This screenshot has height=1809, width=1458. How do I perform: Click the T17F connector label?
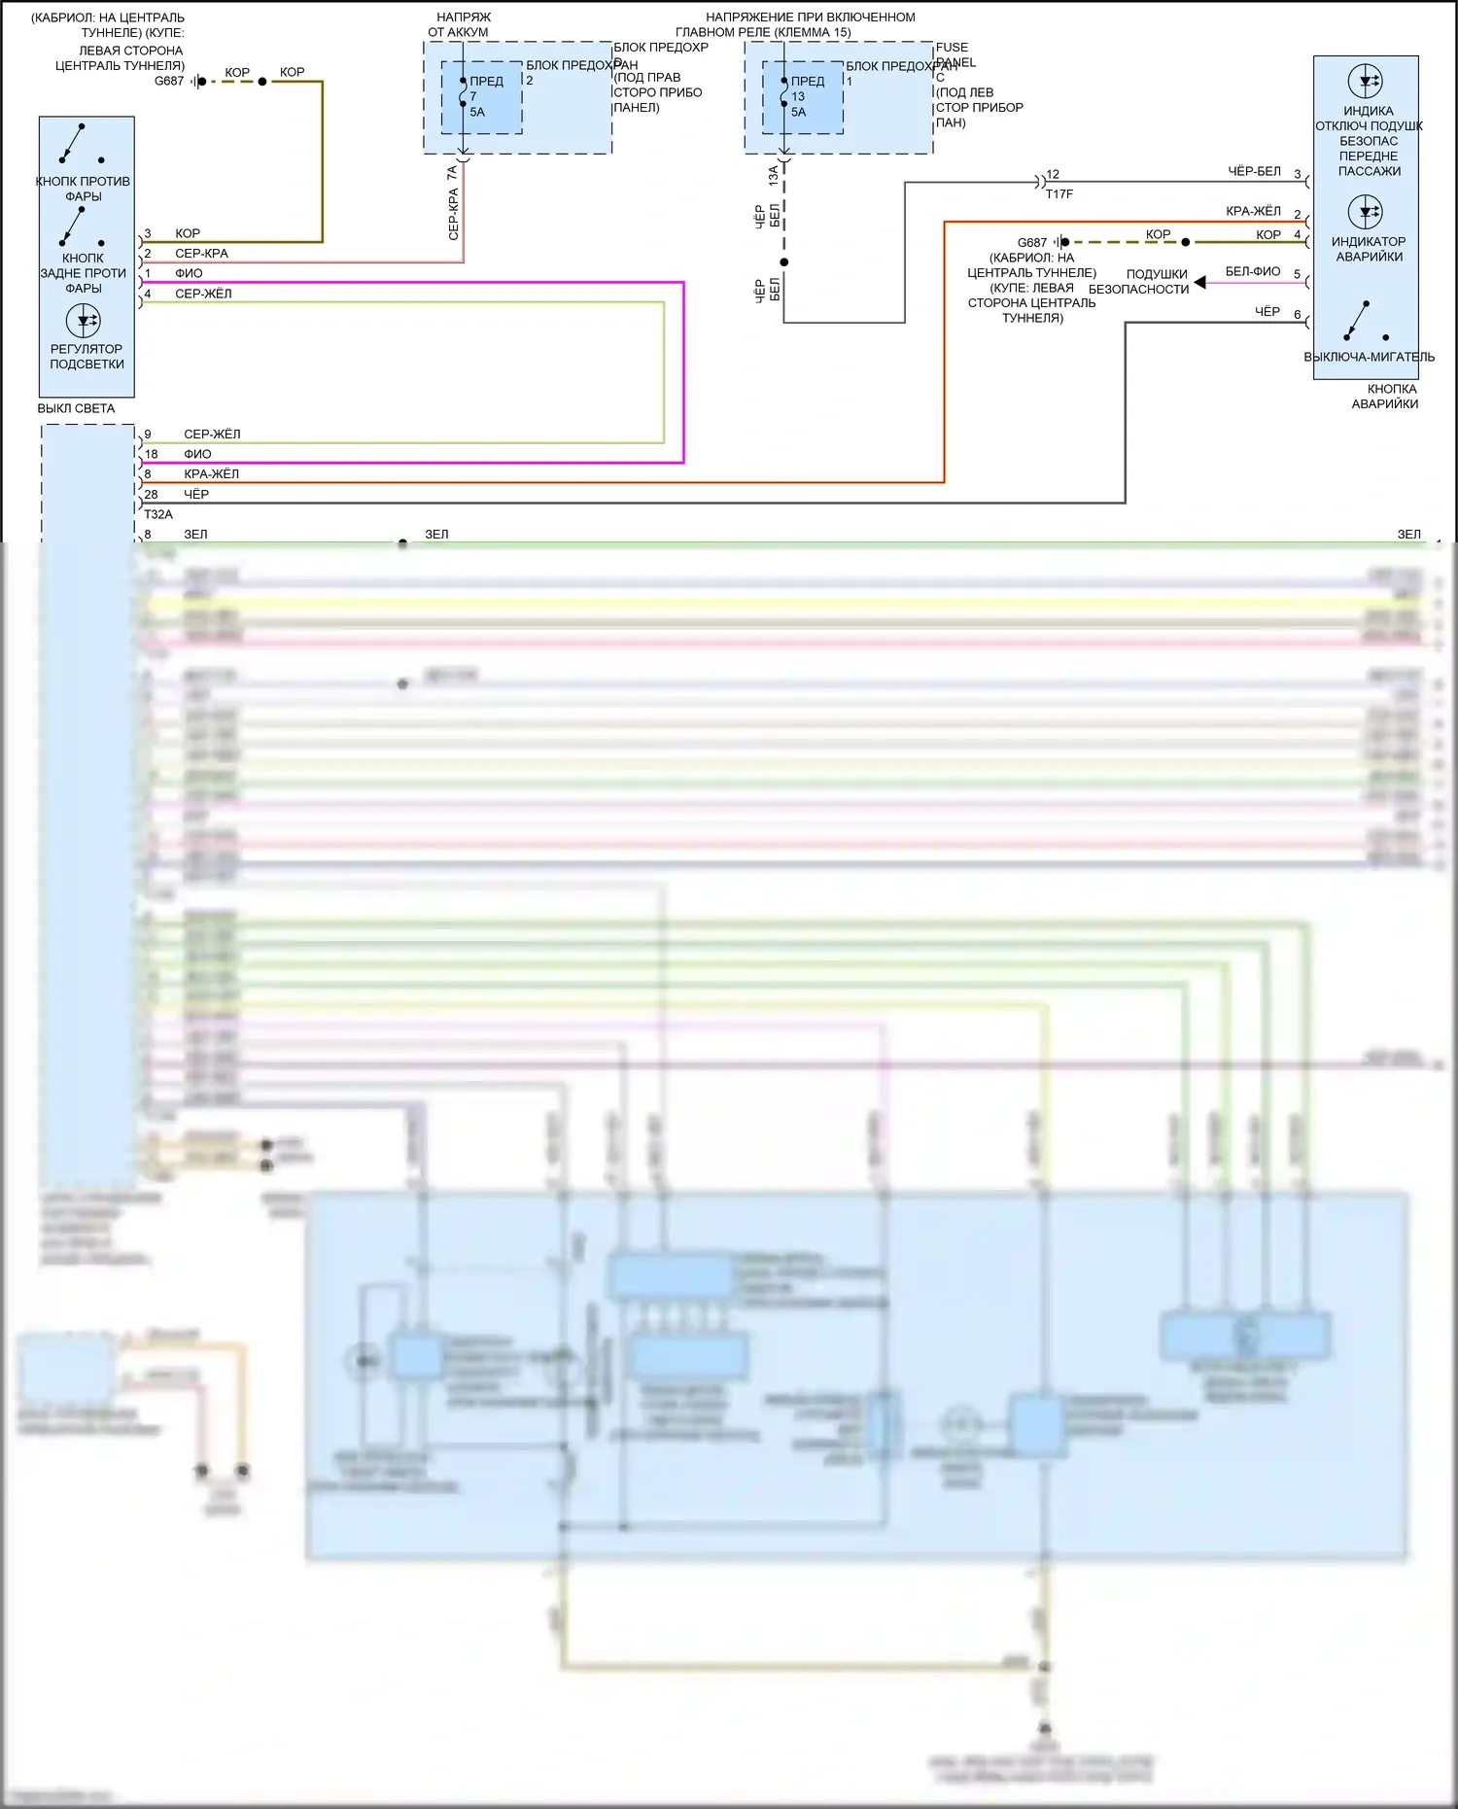pyautogui.click(x=1059, y=194)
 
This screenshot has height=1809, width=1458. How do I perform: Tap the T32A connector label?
pyautogui.click(x=158, y=514)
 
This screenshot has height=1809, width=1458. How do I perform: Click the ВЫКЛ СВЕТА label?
pyautogui.click(x=76, y=408)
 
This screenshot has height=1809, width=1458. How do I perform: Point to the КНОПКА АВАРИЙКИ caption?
pyautogui.click(x=1386, y=397)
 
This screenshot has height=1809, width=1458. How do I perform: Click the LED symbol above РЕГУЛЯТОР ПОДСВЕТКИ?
pyautogui.click(x=84, y=320)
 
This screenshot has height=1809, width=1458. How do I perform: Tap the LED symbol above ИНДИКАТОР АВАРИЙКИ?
pyautogui.click(x=1366, y=212)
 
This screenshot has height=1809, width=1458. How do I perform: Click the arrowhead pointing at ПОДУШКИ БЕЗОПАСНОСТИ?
pyautogui.click(x=1200, y=282)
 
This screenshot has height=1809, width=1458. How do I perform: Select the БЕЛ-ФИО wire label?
pyautogui.click(x=1253, y=271)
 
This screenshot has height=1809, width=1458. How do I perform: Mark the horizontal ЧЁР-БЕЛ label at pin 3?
pyautogui.click(x=1254, y=171)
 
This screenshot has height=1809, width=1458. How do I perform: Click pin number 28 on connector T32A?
pyautogui.click(x=151, y=494)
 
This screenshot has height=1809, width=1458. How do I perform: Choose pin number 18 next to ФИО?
pyautogui.click(x=151, y=454)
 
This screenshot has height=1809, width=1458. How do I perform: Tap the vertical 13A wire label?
pyautogui.click(x=773, y=176)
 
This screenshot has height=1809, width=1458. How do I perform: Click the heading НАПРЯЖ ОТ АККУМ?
pyautogui.click(x=461, y=24)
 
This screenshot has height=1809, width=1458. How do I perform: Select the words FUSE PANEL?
pyautogui.click(x=955, y=54)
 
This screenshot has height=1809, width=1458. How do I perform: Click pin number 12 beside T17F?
pyautogui.click(x=1053, y=175)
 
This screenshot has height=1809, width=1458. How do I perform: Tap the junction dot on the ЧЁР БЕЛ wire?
pyautogui.click(x=784, y=262)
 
